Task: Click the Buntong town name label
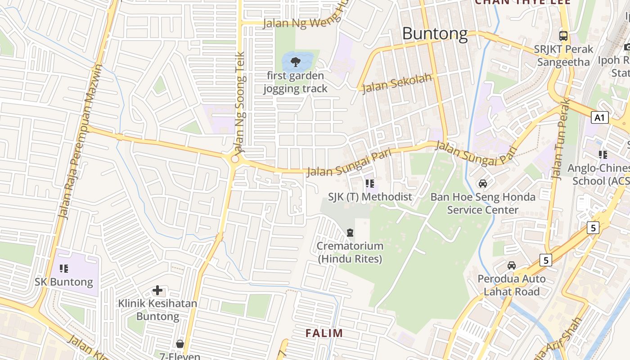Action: (435, 34)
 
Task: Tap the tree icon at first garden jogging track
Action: (295, 62)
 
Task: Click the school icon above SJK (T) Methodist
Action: (370, 183)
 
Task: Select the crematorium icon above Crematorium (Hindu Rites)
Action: (350, 233)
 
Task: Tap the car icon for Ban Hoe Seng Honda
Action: (483, 184)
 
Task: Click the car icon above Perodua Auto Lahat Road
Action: (512, 265)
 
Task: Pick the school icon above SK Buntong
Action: (64, 269)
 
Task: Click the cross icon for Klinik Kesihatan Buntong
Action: (157, 290)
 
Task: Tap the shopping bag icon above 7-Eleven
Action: (180, 344)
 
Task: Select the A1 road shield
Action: (599, 118)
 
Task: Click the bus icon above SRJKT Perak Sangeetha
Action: (563, 36)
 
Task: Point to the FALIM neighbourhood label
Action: (324, 333)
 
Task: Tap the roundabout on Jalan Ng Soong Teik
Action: (235, 159)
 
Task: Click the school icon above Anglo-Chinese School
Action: (603, 155)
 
